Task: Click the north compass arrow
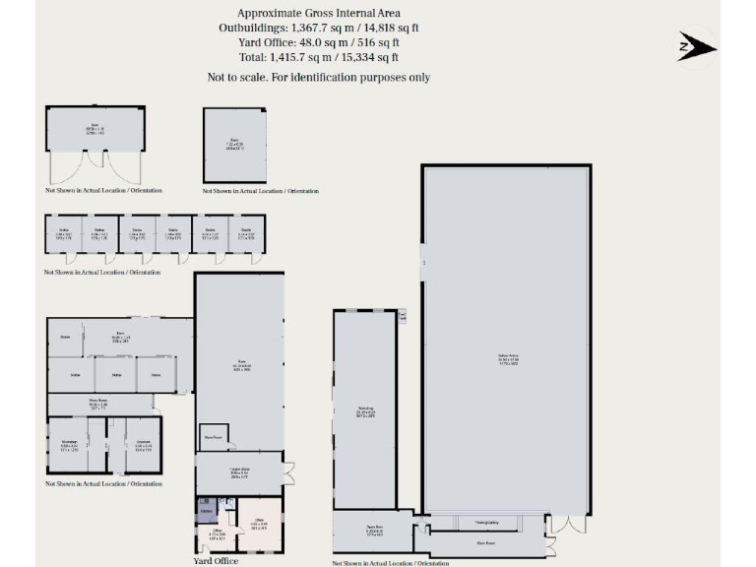697,46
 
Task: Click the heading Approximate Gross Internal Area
318,12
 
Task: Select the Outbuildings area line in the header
318,28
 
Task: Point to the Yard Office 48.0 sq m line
318,42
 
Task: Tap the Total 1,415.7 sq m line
318,58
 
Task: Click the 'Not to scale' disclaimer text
318,77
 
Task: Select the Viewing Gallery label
486,524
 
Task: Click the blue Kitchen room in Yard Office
206,512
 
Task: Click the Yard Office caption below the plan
216,561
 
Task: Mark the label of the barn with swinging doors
95,128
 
